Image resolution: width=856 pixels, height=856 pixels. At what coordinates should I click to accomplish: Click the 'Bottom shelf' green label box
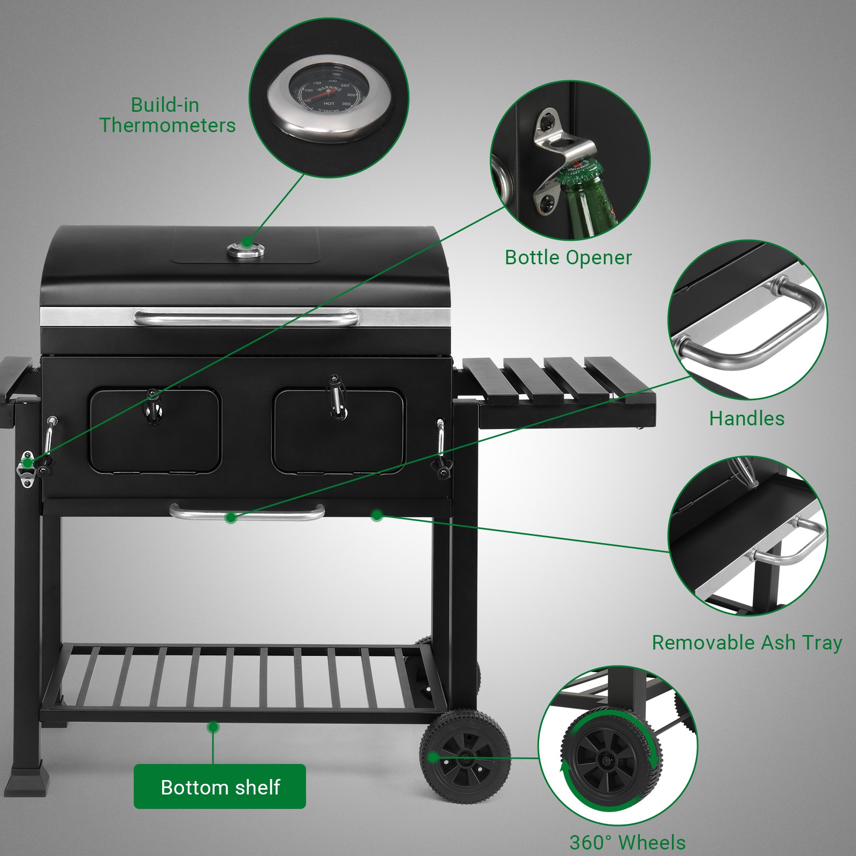tap(219, 786)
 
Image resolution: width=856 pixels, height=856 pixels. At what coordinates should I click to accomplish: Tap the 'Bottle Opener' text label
tap(568, 257)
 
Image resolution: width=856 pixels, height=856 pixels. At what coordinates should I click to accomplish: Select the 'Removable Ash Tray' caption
tap(746, 642)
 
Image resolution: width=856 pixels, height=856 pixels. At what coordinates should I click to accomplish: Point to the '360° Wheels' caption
tap(627, 843)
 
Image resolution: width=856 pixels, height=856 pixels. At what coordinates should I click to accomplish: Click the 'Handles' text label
tap(747, 418)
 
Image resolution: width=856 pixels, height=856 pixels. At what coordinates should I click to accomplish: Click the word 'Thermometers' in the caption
tap(167, 125)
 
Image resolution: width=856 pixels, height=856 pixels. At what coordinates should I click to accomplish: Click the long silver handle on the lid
tap(246, 318)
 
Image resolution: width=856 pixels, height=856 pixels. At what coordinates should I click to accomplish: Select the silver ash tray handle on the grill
tap(247, 513)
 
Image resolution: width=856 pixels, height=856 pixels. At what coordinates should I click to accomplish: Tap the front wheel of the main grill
tap(464, 759)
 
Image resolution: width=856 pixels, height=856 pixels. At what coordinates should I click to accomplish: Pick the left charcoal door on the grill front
tap(155, 431)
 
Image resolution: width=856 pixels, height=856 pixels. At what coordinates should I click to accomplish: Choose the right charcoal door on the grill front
tap(338, 431)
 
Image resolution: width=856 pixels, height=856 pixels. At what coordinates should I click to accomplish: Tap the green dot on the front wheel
tap(432, 757)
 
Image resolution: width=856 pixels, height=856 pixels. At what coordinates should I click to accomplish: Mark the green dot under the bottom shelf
tap(213, 727)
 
